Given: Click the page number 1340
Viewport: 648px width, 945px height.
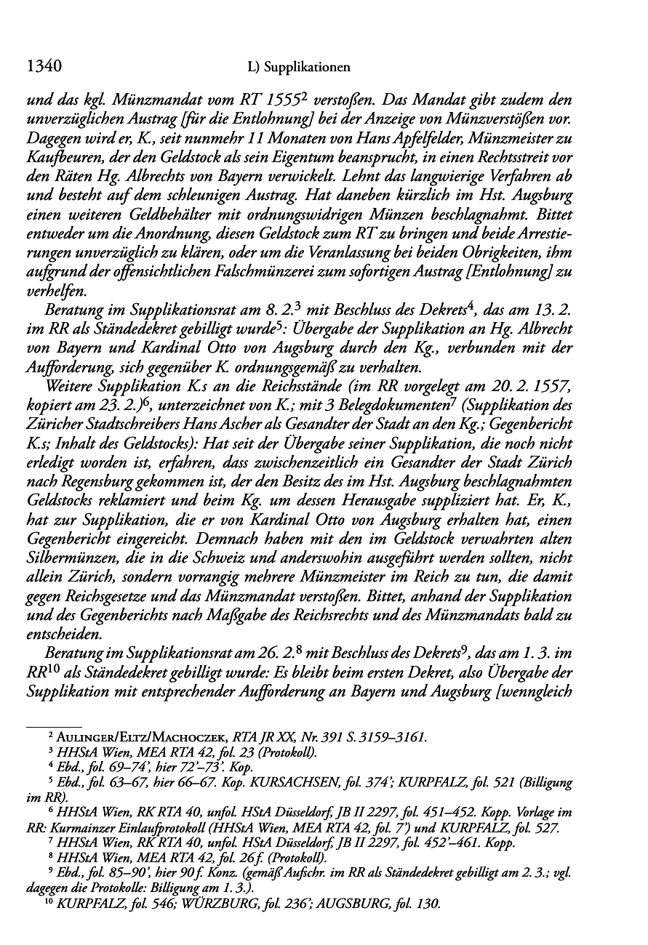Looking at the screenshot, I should (41, 67).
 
